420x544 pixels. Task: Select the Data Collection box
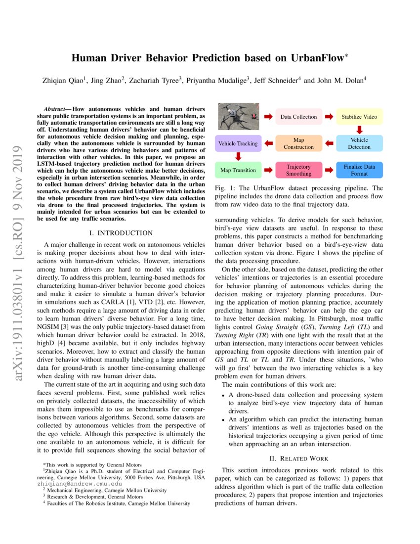(298, 117)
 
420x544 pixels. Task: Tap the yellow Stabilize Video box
(359, 117)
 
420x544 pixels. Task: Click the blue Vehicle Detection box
(359, 143)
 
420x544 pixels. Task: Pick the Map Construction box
(298, 143)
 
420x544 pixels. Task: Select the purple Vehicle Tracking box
(238, 144)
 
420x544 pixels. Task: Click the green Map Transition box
(238, 170)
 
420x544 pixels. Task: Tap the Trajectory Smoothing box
(298, 170)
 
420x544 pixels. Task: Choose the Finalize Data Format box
(359, 170)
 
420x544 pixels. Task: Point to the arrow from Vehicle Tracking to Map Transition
(238, 157)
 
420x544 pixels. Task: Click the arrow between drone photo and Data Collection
(268, 117)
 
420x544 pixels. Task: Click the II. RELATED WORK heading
(298, 458)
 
